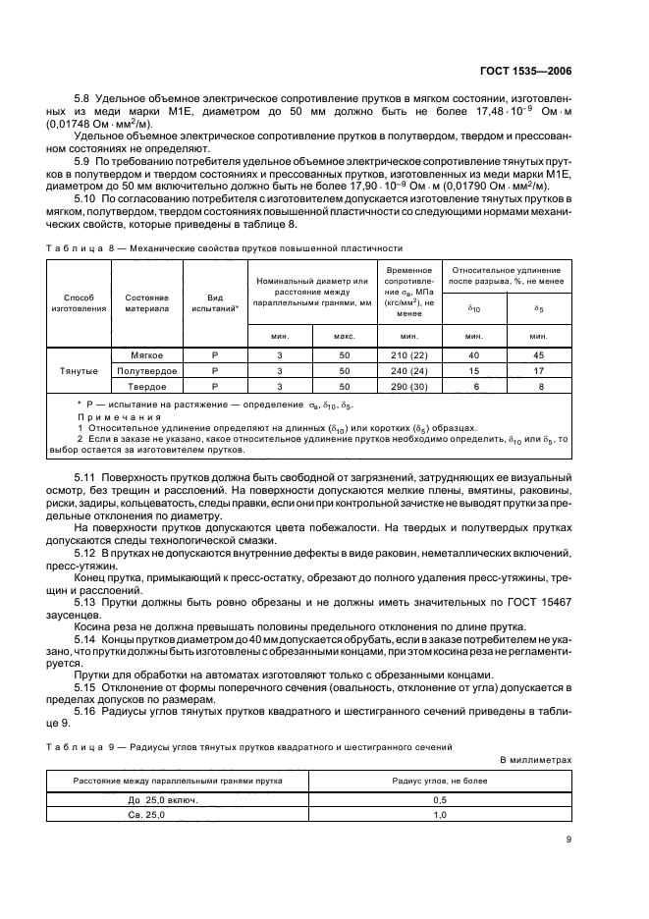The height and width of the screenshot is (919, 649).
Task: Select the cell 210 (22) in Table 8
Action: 404,354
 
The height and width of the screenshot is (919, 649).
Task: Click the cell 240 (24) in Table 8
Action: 404,371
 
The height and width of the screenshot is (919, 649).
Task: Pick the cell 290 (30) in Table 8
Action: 404,388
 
